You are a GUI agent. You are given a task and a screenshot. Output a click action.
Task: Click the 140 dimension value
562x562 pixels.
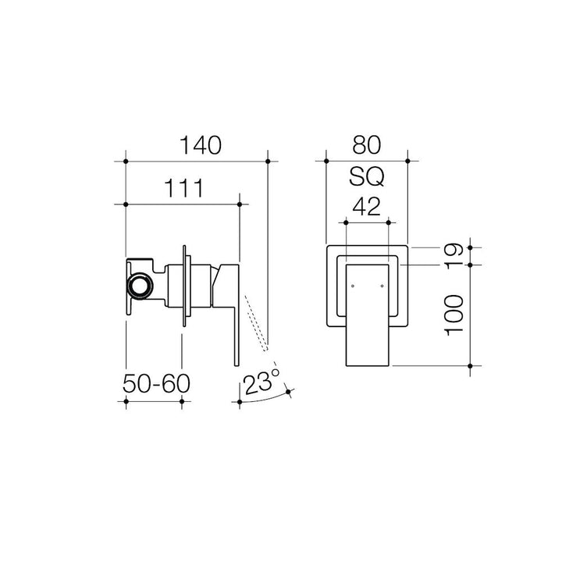200,145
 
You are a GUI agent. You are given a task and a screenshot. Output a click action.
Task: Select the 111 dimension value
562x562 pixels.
184,188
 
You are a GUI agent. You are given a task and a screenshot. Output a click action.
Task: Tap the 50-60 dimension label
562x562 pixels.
156,383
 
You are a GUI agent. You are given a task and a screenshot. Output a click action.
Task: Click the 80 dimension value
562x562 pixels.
366,145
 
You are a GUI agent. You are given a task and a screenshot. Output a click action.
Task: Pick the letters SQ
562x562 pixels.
366,176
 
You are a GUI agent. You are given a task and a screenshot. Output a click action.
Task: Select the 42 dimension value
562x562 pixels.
366,207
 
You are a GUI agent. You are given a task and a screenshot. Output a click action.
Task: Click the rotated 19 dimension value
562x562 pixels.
454,254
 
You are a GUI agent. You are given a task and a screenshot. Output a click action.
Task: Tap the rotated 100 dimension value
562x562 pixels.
454,315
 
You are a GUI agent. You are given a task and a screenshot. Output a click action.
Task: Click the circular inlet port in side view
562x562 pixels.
140,286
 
